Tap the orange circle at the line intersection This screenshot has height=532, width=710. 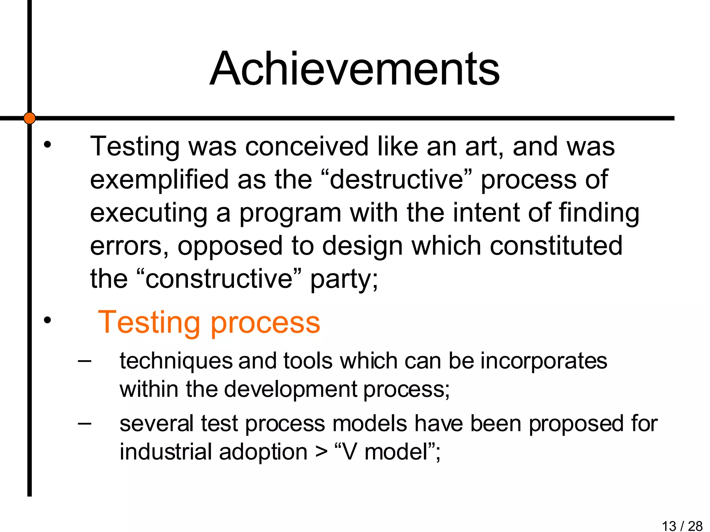pos(29,118)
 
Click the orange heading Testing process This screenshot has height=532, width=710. pos(209,322)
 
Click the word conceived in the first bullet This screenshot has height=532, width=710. pos(307,147)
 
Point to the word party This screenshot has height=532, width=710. pos(344,279)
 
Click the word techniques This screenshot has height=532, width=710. pos(176,361)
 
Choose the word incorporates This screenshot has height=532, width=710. pos(544,361)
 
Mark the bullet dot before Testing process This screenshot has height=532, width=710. pos(47,321)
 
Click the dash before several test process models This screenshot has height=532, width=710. pos(85,423)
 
